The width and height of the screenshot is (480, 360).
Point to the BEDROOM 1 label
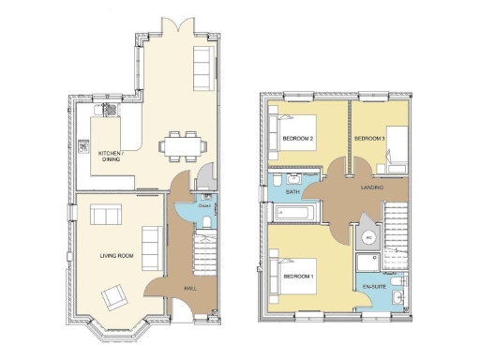click(298, 276)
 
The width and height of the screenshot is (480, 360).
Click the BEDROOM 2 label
click(297, 139)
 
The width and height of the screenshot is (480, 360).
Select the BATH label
click(292, 192)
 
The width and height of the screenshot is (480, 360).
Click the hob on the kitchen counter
click(110, 110)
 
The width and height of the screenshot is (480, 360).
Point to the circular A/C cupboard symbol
click(368, 237)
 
